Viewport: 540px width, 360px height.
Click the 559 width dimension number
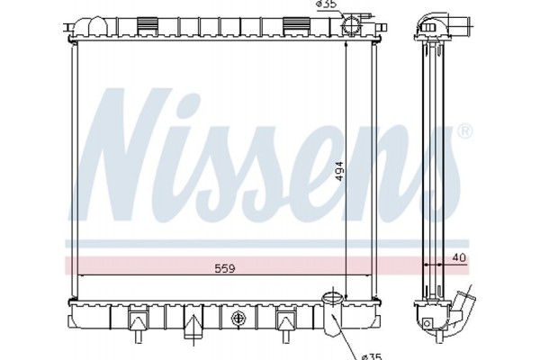[224, 268]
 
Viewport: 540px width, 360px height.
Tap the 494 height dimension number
[339, 171]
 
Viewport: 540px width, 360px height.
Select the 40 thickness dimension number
[459, 257]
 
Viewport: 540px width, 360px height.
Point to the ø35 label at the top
[327, 4]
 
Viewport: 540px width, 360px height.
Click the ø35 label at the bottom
[372, 356]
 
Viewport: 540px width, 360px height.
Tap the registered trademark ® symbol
[465, 131]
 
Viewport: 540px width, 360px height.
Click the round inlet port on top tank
[351, 25]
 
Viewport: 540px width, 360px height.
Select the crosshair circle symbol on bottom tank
[238, 318]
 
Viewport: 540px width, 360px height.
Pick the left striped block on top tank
[148, 26]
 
